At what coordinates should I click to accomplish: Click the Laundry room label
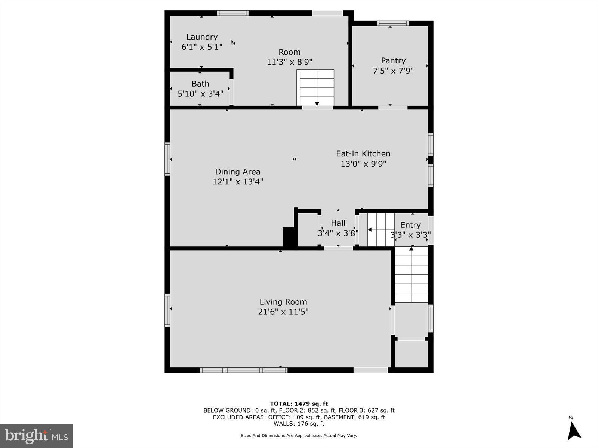click(x=202, y=37)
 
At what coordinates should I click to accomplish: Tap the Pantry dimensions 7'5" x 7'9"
click(x=393, y=71)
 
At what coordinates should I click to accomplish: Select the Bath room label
click(x=200, y=84)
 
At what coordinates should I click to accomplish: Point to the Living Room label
click(x=283, y=302)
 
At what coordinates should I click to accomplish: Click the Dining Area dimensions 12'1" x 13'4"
click(x=238, y=182)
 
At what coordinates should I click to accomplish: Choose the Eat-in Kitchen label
click(x=363, y=153)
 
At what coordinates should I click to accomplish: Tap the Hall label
click(x=338, y=223)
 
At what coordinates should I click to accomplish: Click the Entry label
click(x=410, y=225)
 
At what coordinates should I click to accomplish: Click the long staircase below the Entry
click(x=411, y=274)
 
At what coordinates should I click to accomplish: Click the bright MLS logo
click(x=36, y=436)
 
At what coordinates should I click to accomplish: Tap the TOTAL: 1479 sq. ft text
click(x=299, y=404)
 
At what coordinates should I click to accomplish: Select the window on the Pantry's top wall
click(x=392, y=23)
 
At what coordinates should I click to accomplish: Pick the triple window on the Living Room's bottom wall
click(x=244, y=370)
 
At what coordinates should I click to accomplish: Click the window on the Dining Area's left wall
click(x=167, y=159)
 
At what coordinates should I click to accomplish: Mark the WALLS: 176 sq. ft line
click(x=299, y=424)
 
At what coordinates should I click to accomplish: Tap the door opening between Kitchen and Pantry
click(x=392, y=108)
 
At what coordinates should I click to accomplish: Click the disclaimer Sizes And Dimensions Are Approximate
click(x=299, y=435)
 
